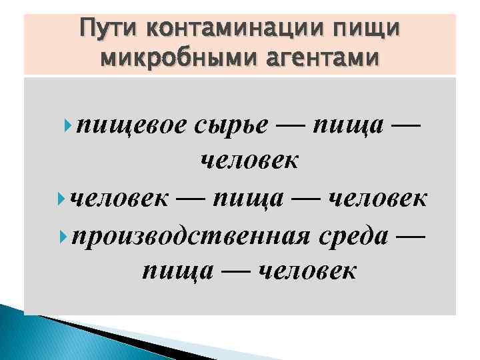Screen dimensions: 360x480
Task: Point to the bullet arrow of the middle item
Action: (x=64, y=198)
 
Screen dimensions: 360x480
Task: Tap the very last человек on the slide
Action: (x=307, y=271)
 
